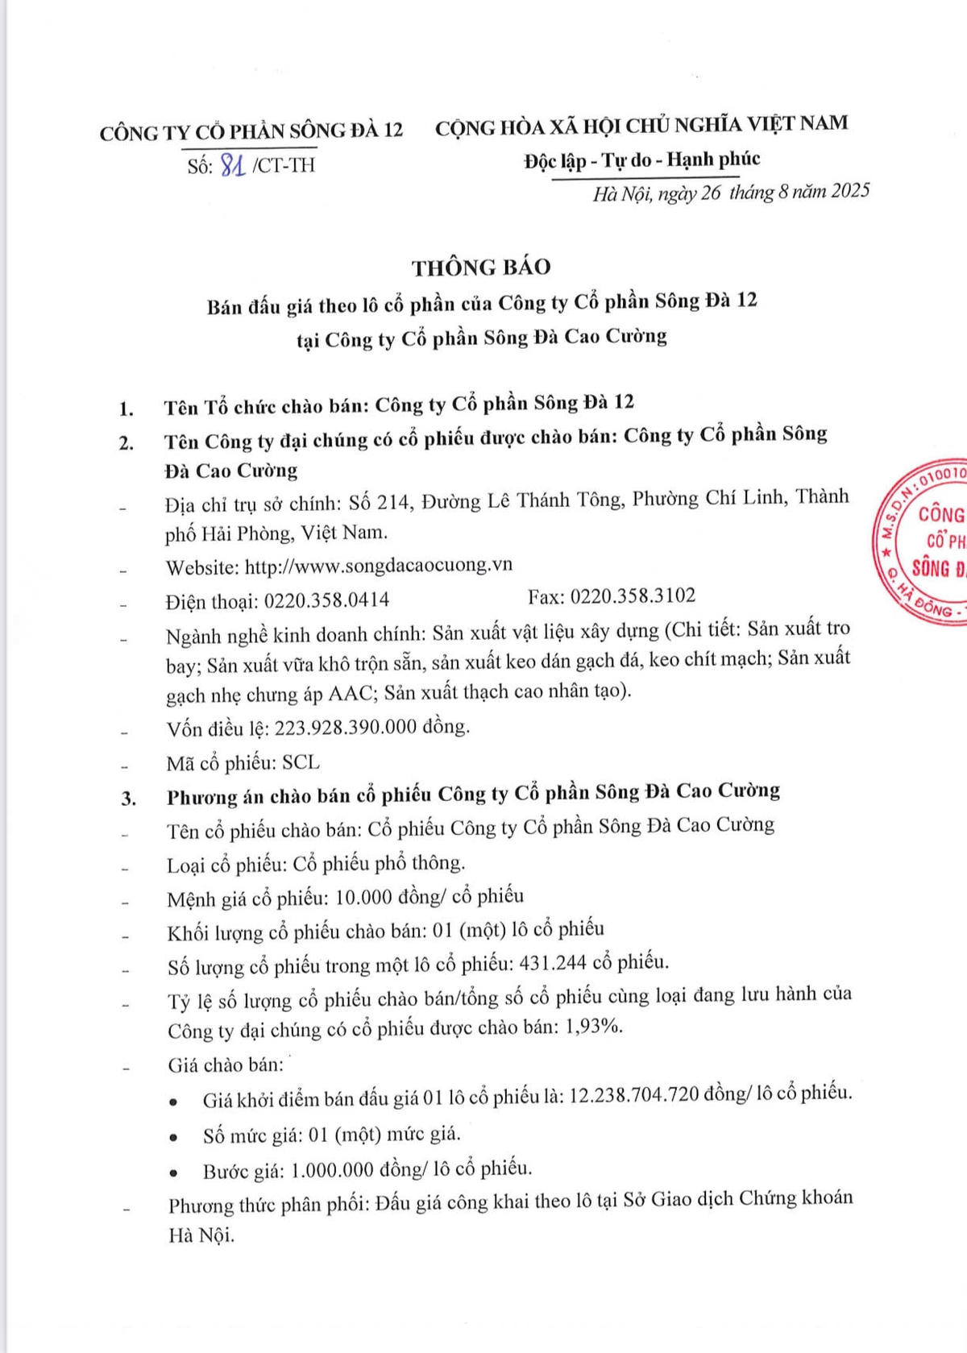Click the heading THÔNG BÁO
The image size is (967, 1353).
pyautogui.click(x=481, y=267)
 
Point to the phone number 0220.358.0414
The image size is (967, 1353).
pyautogui.click(x=326, y=600)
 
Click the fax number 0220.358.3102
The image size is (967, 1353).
pyautogui.click(x=633, y=596)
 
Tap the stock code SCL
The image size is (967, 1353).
pyautogui.click(x=301, y=762)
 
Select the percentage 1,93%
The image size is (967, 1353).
pyautogui.click(x=596, y=1027)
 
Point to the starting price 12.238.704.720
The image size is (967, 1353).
pyautogui.click(x=633, y=1095)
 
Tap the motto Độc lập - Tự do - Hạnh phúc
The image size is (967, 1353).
pyautogui.click(x=641, y=160)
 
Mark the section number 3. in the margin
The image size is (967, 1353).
pyautogui.click(x=128, y=799)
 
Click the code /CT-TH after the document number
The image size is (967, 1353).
pyautogui.click(x=283, y=165)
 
